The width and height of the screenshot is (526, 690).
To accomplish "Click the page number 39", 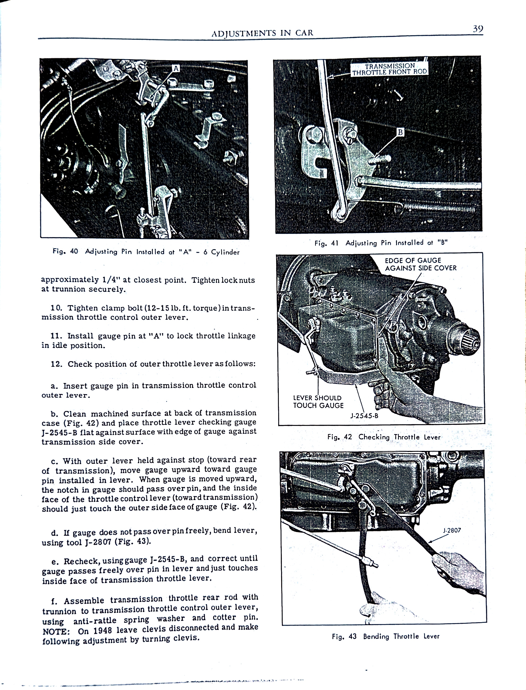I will [x=478, y=29].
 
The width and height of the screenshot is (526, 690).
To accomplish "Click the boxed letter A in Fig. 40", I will [x=176, y=68].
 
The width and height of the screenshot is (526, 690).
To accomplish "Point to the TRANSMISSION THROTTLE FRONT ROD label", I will [x=390, y=69].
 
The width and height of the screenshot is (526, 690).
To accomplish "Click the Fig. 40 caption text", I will [x=146, y=252].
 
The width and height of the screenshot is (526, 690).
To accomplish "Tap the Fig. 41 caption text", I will [x=381, y=243].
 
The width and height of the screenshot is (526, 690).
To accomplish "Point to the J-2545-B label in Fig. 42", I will [x=364, y=416].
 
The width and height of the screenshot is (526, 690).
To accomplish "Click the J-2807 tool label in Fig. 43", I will [x=452, y=531].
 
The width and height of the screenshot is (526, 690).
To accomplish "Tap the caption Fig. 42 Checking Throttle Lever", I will [x=384, y=437].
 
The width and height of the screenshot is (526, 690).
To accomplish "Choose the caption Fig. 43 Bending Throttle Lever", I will [x=385, y=636].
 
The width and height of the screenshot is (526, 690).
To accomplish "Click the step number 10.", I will [x=57, y=308].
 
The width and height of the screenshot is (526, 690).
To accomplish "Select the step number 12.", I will [x=57, y=364].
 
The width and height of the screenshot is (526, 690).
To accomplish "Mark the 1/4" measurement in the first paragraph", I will [x=112, y=280].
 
